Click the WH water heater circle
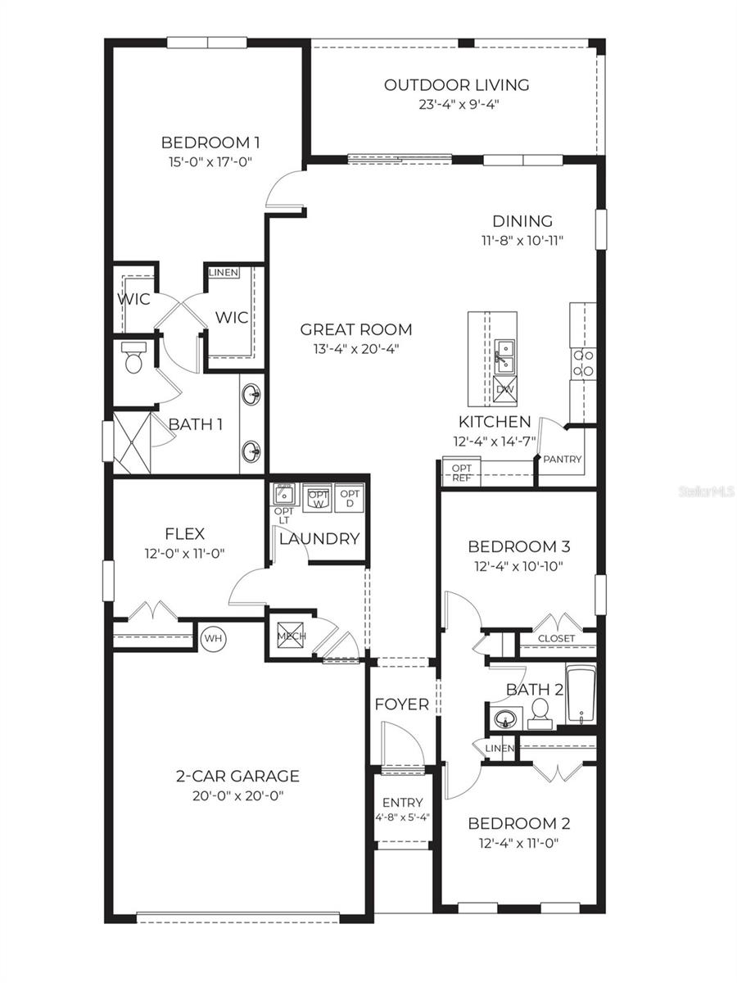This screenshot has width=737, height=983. [x=214, y=637]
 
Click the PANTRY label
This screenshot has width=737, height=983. [x=563, y=459]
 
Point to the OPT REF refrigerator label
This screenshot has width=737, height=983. [x=462, y=473]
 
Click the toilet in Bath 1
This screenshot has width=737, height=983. [x=132, y=358]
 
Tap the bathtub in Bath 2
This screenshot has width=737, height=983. [x=580, y=695]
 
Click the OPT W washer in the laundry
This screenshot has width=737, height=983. [x=317, y=498]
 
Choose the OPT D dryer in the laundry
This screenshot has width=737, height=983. [x=350, y=498]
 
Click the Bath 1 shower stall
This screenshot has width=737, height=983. [x=132, y=442]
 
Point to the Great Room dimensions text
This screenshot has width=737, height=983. [x=356, y=349]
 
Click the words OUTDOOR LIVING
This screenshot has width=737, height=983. [x=456, y=84]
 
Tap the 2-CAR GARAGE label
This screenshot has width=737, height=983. [x=237, y=776]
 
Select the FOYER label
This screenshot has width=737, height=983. [x=401, y=704]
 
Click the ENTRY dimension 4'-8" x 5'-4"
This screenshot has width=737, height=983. [x=402, y=817]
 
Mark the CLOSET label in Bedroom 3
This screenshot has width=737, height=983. [x=556, y=638]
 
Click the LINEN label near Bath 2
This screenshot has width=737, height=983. [x=499, y=749]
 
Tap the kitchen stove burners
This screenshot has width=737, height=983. [x=583, y=362]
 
